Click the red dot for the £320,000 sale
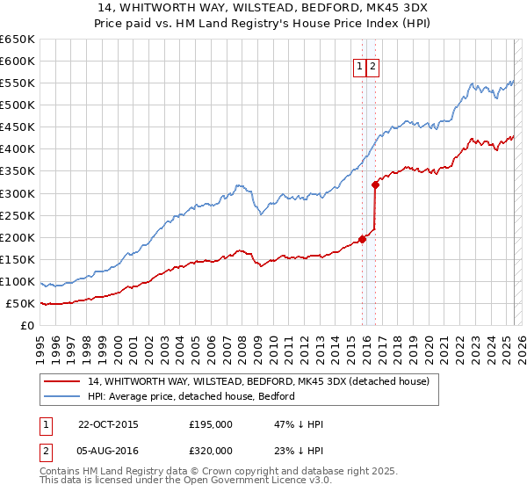[375, 184]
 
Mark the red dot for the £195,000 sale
[363, 239]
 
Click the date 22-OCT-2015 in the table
[108, 424]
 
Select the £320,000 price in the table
[210, 450]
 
